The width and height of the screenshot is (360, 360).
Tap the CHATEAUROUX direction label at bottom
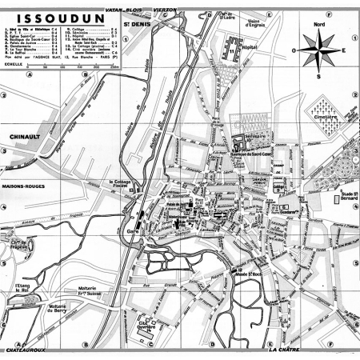[x=34, y=350]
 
